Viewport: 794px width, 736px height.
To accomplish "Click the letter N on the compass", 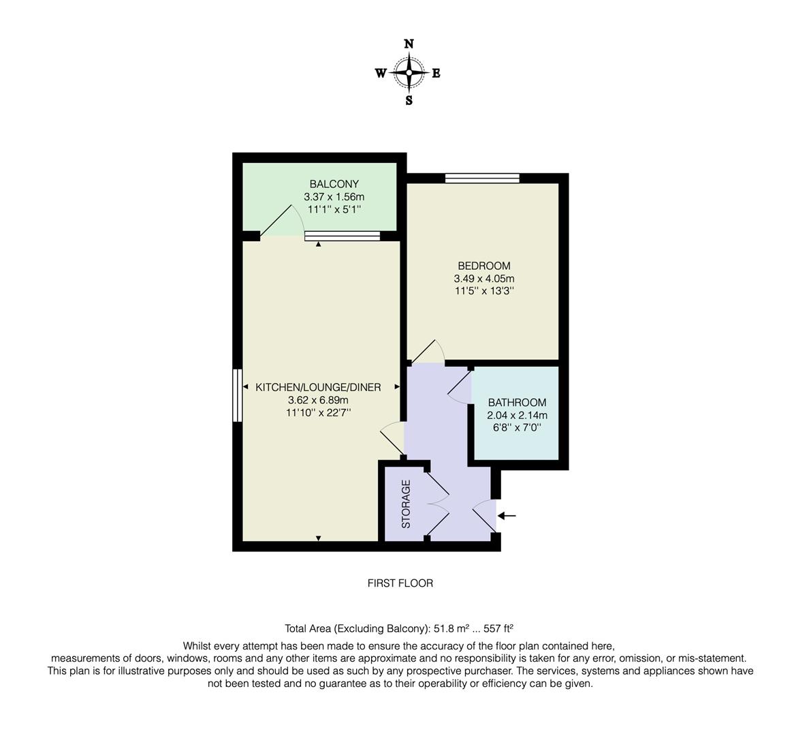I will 409,44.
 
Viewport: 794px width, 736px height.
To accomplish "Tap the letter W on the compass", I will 381,74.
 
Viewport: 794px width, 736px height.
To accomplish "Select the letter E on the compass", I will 436,74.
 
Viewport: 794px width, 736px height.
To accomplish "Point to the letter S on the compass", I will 409,101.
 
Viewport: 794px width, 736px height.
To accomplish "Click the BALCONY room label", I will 334,184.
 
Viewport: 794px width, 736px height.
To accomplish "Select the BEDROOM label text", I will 483,266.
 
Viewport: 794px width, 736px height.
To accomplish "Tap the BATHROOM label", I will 517,403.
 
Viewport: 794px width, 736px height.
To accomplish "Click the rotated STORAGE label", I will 407,504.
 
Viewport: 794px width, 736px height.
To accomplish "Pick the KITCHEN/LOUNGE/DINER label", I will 317,387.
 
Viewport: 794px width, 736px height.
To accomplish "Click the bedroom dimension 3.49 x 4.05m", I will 483,279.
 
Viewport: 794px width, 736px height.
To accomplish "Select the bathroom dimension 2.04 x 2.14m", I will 517,415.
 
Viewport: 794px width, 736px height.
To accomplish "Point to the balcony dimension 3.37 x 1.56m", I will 334,197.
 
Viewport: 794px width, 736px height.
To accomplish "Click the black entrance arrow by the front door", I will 507,516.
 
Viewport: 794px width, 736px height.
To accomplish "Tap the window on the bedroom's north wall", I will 482,179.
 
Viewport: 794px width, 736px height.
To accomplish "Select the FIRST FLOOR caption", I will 400,583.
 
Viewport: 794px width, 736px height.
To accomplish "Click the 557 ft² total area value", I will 498,628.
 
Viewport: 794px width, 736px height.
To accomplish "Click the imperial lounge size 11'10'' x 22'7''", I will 317,412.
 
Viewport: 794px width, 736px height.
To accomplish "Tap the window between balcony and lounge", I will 342,236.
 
